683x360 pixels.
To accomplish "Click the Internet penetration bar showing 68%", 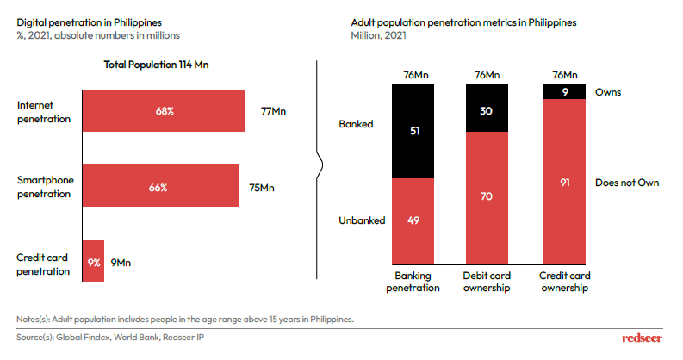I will [x=163, y=110].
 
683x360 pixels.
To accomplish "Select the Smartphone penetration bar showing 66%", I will [x=159, y=186].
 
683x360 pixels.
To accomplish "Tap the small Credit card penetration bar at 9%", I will [x=92, y=262].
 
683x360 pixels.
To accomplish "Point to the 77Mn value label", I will [x=273, y=111].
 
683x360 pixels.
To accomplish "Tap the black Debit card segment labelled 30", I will [x=487, y=109].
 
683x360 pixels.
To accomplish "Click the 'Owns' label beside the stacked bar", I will [x=608, y=90].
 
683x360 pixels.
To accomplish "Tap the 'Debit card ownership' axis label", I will [x=487, y=282].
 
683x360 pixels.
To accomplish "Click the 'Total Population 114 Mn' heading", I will [x=152, y=64].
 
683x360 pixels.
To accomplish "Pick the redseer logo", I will [x=643, y=338].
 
